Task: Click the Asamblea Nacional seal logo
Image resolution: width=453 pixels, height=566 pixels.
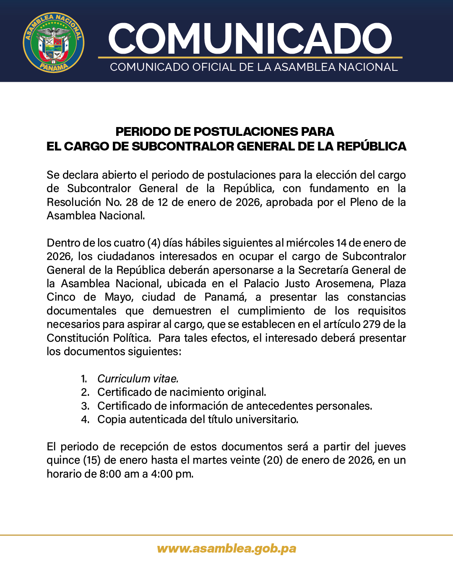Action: pos(53,42)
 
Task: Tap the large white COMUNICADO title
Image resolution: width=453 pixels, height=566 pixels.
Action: pos(250,39)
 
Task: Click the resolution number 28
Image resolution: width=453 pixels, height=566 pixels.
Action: pos(132,203)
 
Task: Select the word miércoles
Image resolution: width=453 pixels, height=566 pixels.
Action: pos(310,243)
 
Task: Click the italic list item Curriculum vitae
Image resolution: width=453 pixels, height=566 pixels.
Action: pos(138,379)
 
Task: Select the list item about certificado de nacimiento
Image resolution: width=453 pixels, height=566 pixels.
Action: pos(182,392)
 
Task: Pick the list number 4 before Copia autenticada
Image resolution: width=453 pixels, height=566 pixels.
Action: pos(85,420)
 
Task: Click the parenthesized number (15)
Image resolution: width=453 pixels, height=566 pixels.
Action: pos(92,460)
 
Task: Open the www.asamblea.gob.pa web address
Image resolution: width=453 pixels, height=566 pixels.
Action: pos(226,549)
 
